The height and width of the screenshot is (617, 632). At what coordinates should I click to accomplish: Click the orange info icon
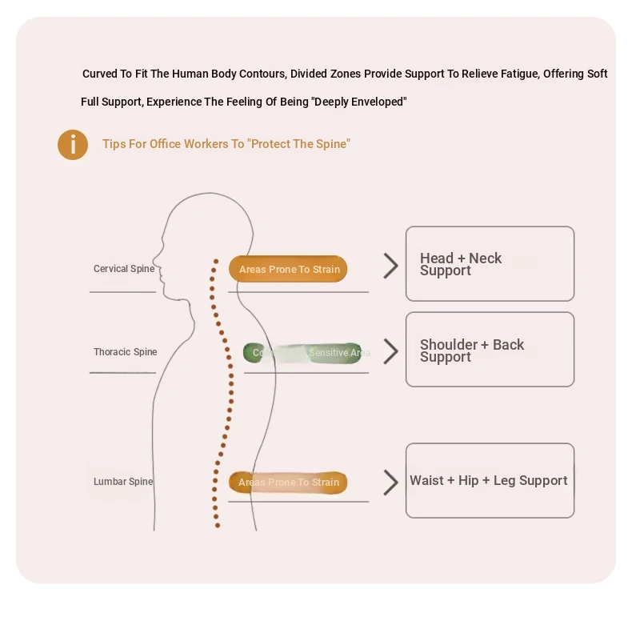(x=73, y=145)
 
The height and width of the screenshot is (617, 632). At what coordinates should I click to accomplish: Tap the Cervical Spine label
(x=124, y=269)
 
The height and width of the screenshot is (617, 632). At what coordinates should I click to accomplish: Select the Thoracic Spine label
(x=125, y=352)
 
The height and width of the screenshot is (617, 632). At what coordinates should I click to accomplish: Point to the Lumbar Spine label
(x=123, y=482)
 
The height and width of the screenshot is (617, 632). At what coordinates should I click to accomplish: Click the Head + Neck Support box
(x=490, y=264)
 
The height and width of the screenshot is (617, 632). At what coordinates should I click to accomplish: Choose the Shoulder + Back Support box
(x=490, y=350)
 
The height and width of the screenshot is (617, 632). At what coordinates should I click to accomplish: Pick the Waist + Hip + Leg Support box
(x=490, y=480)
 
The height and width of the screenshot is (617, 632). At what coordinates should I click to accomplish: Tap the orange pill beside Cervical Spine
(x=288, y=270)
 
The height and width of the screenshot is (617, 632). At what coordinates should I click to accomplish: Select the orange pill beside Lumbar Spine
(x=288, y=483)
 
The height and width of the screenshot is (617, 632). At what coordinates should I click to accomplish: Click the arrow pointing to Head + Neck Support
(x=390, y=266)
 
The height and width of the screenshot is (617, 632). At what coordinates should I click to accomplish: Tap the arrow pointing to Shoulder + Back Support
(x=390, y=351)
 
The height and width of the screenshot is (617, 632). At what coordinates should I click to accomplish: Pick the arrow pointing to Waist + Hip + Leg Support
(x=390, y=483)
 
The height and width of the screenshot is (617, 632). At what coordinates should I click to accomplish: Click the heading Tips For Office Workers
(x=226, y=145)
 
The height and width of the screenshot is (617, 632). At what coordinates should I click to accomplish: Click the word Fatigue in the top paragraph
(x=520, y=74)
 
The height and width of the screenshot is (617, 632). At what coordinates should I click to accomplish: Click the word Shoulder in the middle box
(x=448, y=345)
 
